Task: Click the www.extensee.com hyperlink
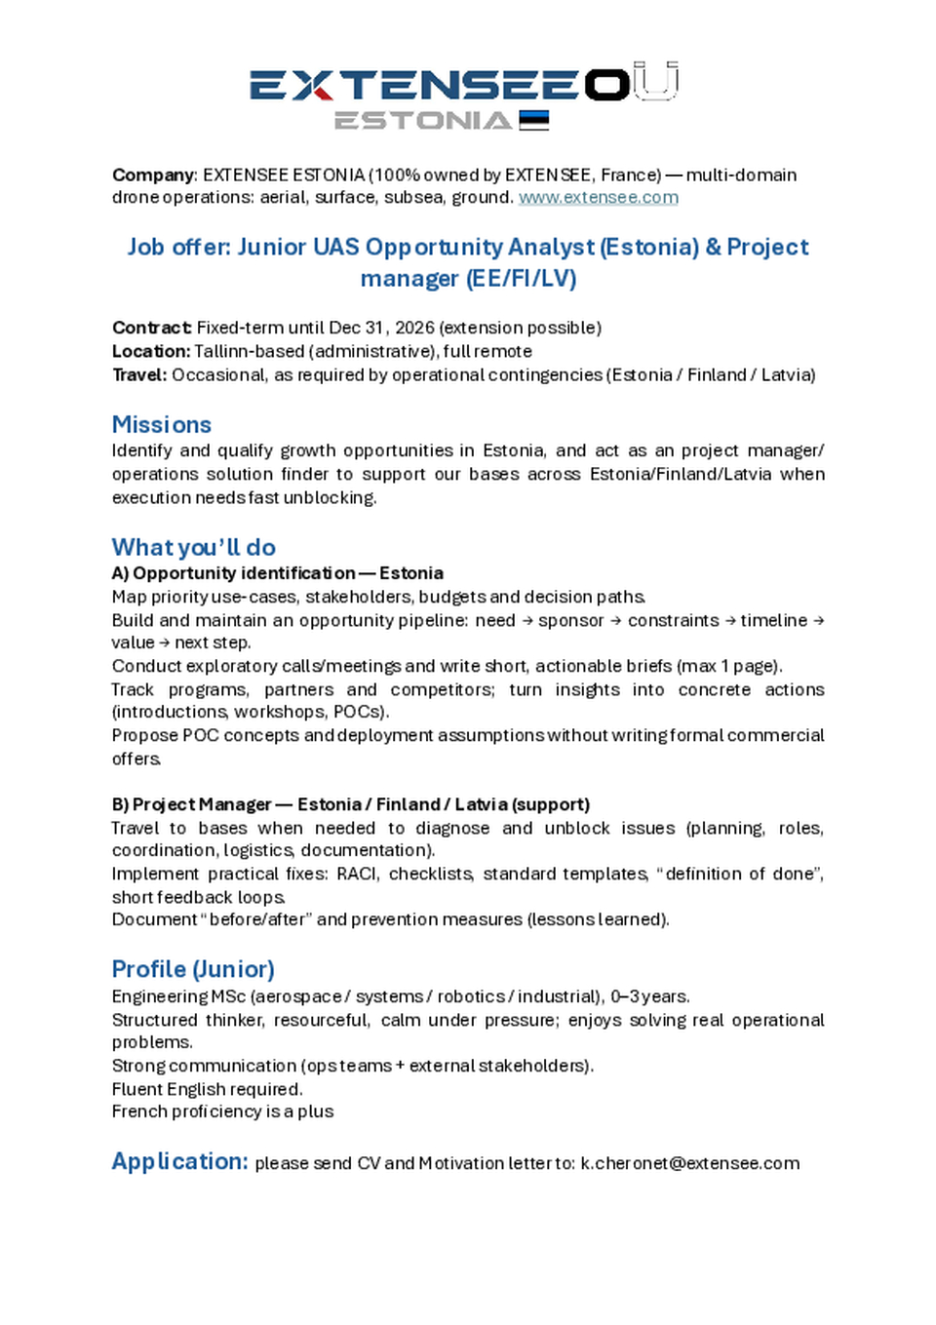coord(598,197)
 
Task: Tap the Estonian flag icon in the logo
coord(534,120)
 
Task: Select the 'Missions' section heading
coord(162,424)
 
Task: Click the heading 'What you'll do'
coord(194,547)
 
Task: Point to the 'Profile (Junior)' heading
coord(193,969)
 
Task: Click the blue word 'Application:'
coord(180,1161)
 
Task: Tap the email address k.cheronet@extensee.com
coord(690,1163)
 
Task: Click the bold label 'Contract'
coord(151,328)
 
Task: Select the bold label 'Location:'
coord(151,351)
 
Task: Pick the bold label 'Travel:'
coord(139,374)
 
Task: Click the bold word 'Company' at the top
coord(154,175)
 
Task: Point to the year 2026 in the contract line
coord(415,328)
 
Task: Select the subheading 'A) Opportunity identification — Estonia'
coord(278,573)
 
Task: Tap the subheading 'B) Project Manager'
coord(192,804)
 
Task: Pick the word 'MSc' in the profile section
coord(228,996)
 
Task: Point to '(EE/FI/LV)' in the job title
coord(522,279)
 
